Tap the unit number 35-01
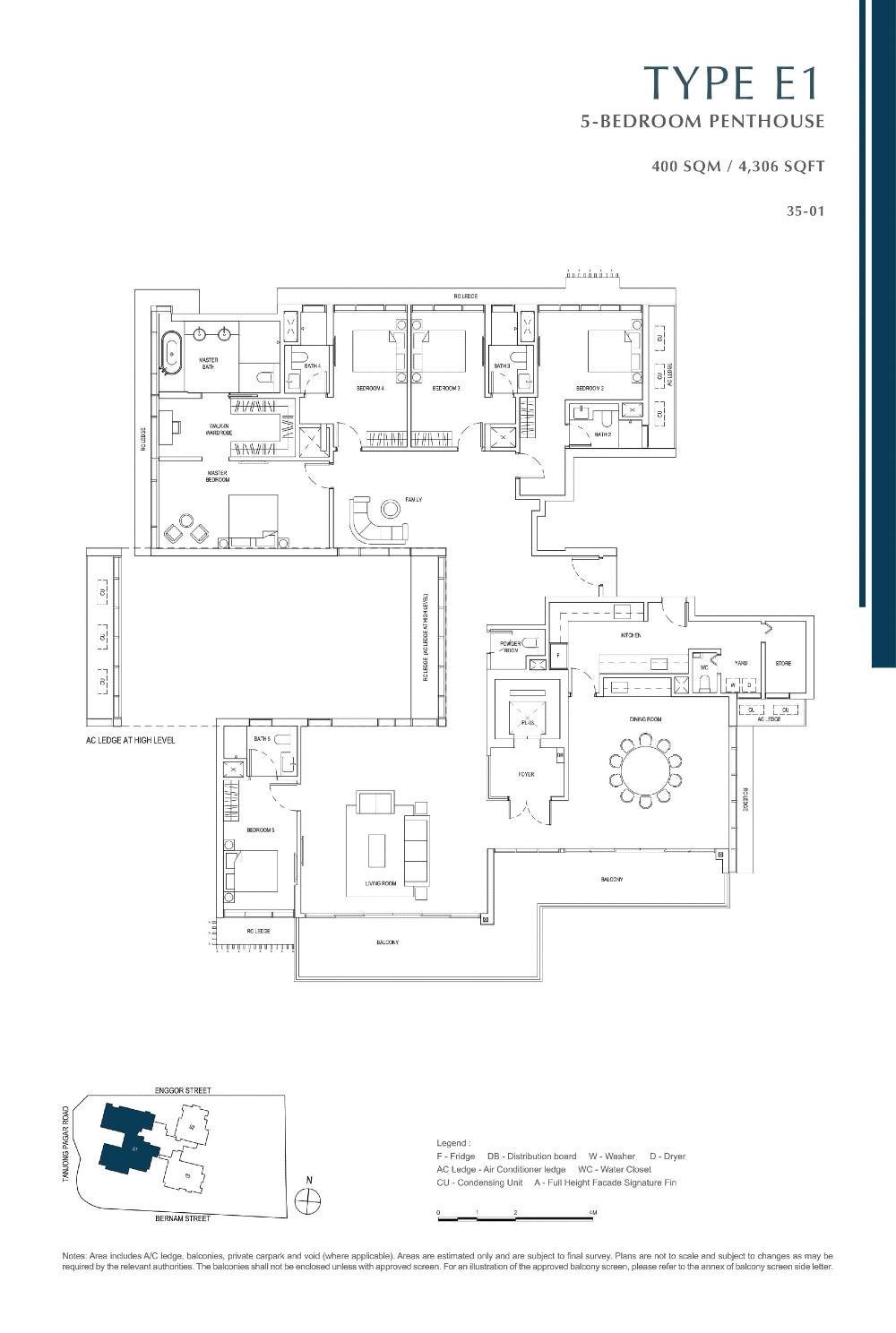[x=804, y=212]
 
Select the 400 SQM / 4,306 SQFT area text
[x=739, y=166]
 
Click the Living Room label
[x=380, y=883]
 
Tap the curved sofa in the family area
[x=371, y=520]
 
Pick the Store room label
[x=783, y=664]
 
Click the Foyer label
[x=526, y=774]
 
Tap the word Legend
[x=452, y=1144]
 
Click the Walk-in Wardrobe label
[x=220, y=429]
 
